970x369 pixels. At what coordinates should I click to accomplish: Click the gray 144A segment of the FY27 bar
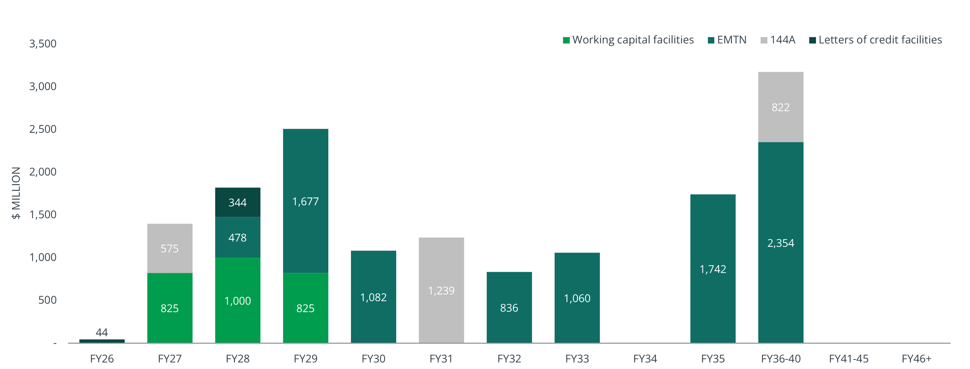170,248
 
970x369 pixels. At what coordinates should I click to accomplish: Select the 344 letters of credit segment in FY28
238,202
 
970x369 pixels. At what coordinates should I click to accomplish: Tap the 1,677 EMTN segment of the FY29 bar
305,201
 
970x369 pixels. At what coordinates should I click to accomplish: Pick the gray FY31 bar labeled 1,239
441,290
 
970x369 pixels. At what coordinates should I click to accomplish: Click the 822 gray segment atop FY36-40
781,107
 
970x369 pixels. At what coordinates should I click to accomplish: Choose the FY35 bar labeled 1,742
713,268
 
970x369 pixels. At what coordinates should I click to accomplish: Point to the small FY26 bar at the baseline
102,341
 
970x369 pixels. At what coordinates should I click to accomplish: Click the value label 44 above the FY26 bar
102,332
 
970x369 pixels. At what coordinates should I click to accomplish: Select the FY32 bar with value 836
509,307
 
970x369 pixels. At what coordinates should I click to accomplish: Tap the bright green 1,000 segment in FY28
238,300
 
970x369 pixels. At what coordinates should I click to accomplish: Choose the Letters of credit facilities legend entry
875,40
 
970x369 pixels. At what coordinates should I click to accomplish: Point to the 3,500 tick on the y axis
43,44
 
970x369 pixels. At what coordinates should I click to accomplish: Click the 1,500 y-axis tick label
43,215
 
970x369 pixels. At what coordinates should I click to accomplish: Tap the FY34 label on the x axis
645,359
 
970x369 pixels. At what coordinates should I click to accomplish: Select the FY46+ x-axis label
917,359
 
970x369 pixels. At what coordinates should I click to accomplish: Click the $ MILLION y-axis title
16,193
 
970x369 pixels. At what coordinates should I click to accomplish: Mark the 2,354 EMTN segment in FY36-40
781,243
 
